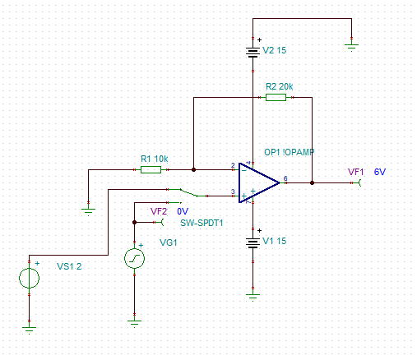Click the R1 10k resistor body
[x=151, y=169]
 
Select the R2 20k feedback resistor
[x=276, y=97]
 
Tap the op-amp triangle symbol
[x=259, y=182]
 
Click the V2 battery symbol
[x=253, y=53]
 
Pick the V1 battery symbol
[x=253, y=243]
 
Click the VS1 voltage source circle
[x=29, y=278]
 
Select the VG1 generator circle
[x=134, y=258]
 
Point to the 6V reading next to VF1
[x=380, y=172]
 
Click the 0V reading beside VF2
[x=183, y=211]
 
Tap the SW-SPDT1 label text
[x=202, y=223]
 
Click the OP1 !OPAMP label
[x=290, y=152]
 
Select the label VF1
[x=355, y=172]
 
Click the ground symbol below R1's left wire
[x=88, y=212]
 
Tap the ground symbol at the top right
[x=351, y=48]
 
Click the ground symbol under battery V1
[x=253, y=298]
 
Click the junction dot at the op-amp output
[x=312, y=182]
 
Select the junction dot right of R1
[x=193, y=169]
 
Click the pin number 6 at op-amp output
[x=285, y=178]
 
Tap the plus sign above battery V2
[x=259, y=40]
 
